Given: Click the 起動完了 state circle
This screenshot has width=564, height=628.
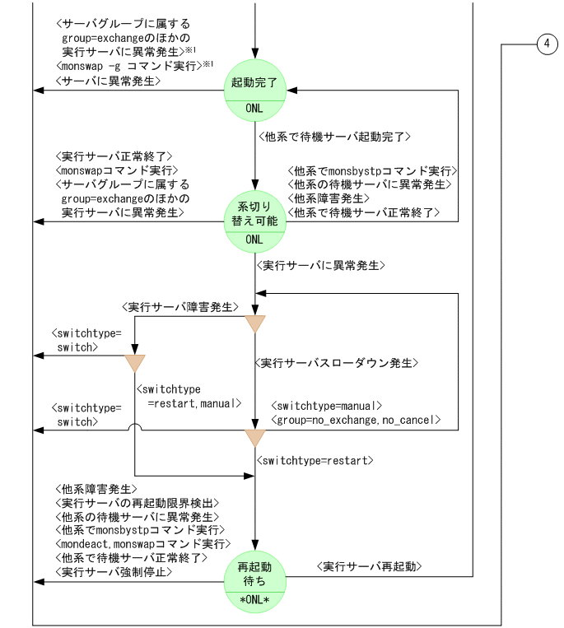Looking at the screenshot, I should coord(255,91).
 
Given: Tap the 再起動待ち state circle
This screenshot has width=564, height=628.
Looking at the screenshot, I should coord(255,583).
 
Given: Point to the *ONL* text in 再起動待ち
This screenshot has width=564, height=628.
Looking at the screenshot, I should coord(255,598).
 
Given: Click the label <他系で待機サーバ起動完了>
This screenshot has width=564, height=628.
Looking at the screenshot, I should coord(335,136).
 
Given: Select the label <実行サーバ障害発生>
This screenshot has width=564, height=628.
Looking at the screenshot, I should coord(180,307).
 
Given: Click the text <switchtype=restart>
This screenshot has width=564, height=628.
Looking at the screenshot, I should coord(315,459).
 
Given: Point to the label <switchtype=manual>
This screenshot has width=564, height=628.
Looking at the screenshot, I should coord(327,405).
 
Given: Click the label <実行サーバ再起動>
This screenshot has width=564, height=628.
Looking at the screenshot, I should coord(370,566).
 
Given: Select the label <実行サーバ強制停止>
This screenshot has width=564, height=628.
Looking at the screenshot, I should coord(114,572).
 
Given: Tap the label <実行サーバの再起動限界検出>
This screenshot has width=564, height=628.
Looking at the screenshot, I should coord(137,503).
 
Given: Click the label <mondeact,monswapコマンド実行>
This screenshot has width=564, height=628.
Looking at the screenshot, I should coord(143,544).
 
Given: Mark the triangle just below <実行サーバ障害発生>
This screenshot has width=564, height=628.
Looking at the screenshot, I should coord(255,323).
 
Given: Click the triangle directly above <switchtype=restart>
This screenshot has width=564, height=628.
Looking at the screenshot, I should coord(255,437).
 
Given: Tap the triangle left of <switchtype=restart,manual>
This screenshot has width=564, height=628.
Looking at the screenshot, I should coord(134,363).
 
